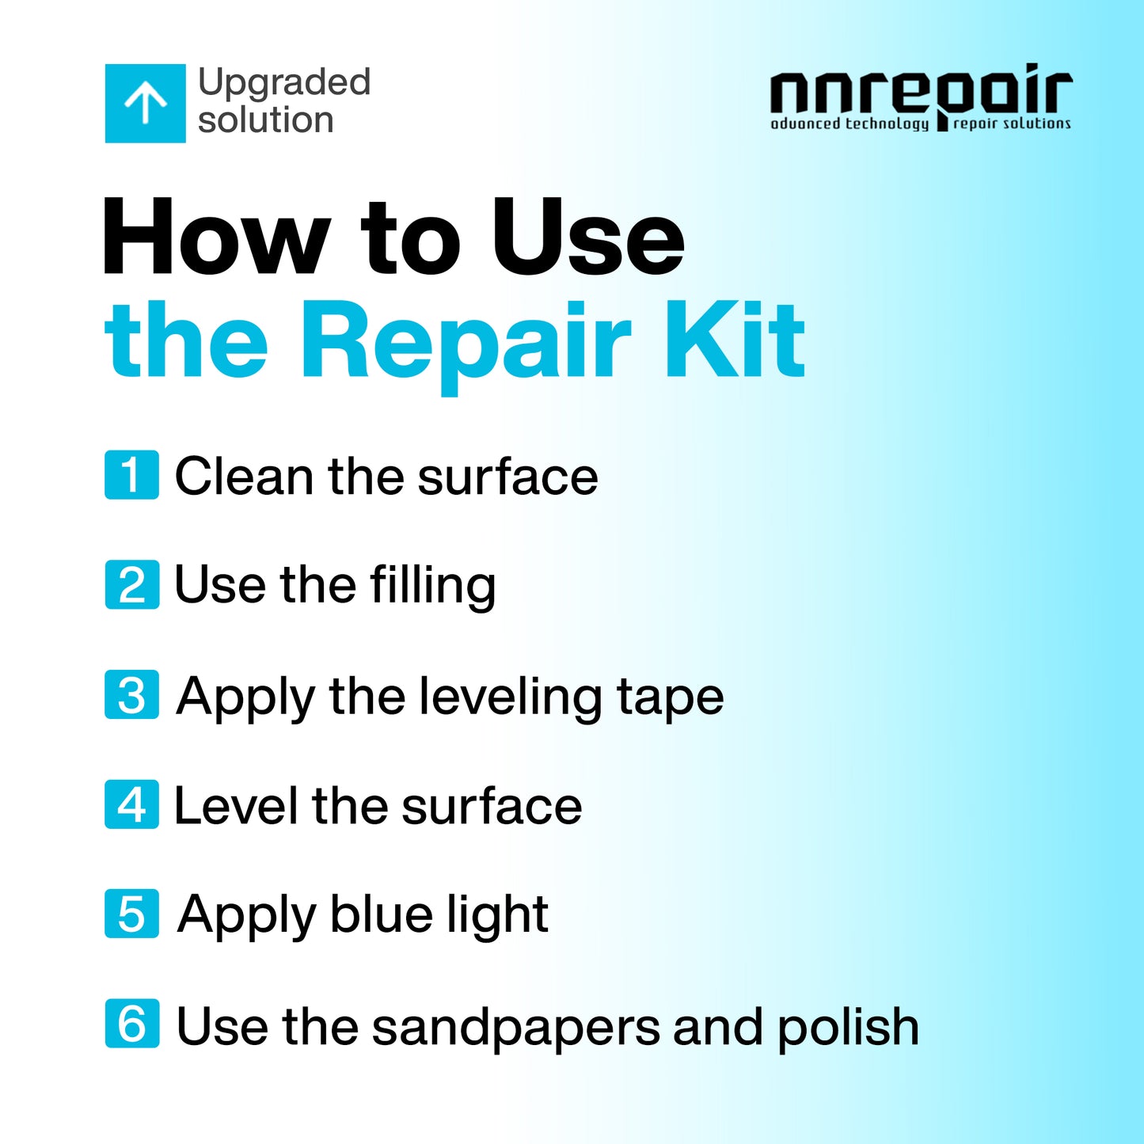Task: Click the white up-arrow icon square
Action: tap(146, 104)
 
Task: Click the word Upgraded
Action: tap(284, 82)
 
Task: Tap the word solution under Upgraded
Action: tap(265, 120)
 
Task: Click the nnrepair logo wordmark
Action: tap(921, 91)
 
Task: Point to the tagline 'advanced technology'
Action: tap(849, 124)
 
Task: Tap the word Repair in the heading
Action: tap(466, 342)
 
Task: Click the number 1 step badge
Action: tap(131, 475)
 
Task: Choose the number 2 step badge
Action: tap(131, 584)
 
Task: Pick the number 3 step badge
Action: tap(131, 695)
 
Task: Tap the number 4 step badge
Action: tap(131, 804)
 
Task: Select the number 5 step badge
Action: tap(131, 914)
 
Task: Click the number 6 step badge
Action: tap(131, 1024)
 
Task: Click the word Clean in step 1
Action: tap(244, 477)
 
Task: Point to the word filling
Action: tap(432, 586)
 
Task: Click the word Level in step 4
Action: tap(235, 806)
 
